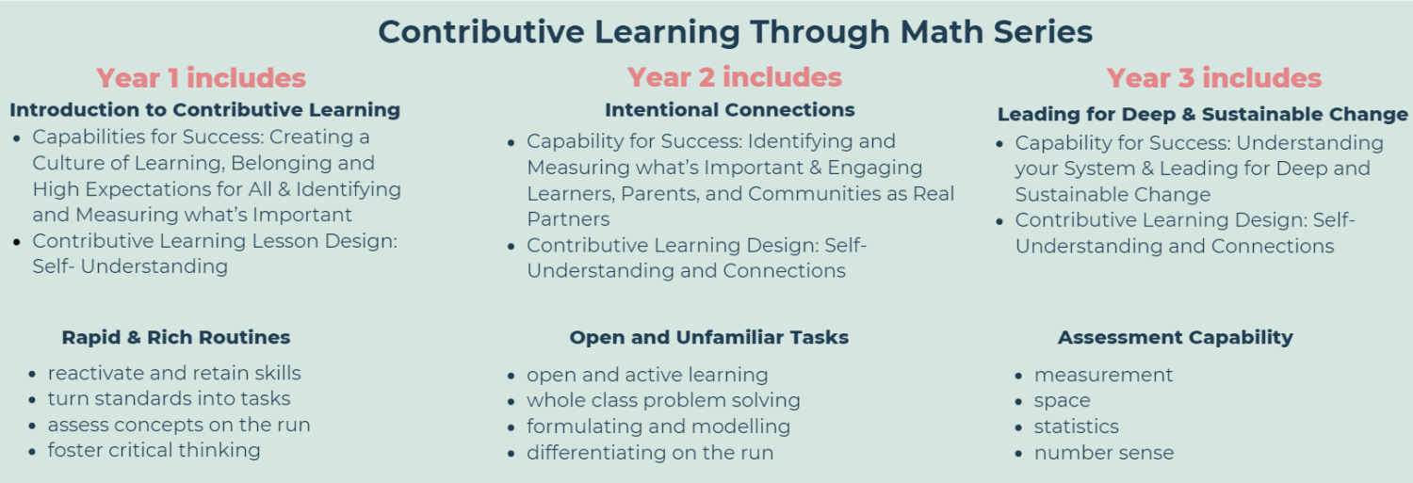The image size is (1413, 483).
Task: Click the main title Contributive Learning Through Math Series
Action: click(x=735, y=31)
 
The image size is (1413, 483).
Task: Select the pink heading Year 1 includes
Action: click(x=201, y=77)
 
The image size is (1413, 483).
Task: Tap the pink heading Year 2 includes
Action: click(x=734, y=76)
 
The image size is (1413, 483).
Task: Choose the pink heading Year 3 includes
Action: click(x=1213, y=77)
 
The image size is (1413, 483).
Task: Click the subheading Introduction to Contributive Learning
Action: click(x=204, y=109)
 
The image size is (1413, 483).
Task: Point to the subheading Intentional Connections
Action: click(x=729, y=109)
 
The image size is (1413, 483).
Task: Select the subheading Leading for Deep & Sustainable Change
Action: click(x=1202, y=114)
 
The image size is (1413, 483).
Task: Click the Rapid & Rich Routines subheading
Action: click(x=176, y=337)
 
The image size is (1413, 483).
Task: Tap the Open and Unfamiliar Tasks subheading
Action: click(x=708, y=337)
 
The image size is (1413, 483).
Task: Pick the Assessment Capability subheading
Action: click(x=1175, y=337)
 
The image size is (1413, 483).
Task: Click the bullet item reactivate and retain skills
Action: click(x=174, y=373)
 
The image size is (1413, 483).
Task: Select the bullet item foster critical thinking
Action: click(x=154, y=450)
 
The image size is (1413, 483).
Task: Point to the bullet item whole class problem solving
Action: click(x=663, y=400)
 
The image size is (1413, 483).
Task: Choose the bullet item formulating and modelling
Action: click(x=658, y=427)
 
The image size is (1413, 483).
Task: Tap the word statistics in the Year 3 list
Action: click(x=1076, y=427)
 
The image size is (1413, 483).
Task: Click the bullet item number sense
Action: click(x=1103, y=453)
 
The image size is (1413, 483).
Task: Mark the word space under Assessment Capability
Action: click(x=1062, y=400)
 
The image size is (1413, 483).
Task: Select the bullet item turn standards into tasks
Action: click(x=169, y=398)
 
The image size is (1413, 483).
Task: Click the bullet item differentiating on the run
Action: click(x=649, y=453)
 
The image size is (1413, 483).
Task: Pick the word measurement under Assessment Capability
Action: click(x=1103, y=375)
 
